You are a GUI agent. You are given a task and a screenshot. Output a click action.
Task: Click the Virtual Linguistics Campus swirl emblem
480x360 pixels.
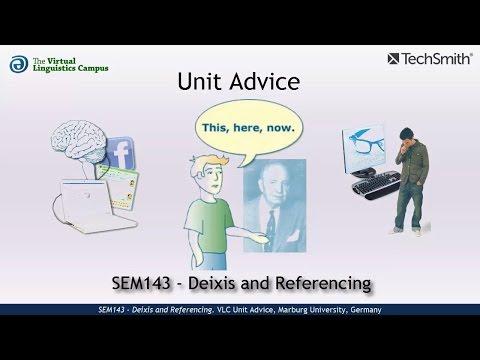pos(18,64)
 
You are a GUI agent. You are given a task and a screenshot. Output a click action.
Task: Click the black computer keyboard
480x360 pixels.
pos(371,189)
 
